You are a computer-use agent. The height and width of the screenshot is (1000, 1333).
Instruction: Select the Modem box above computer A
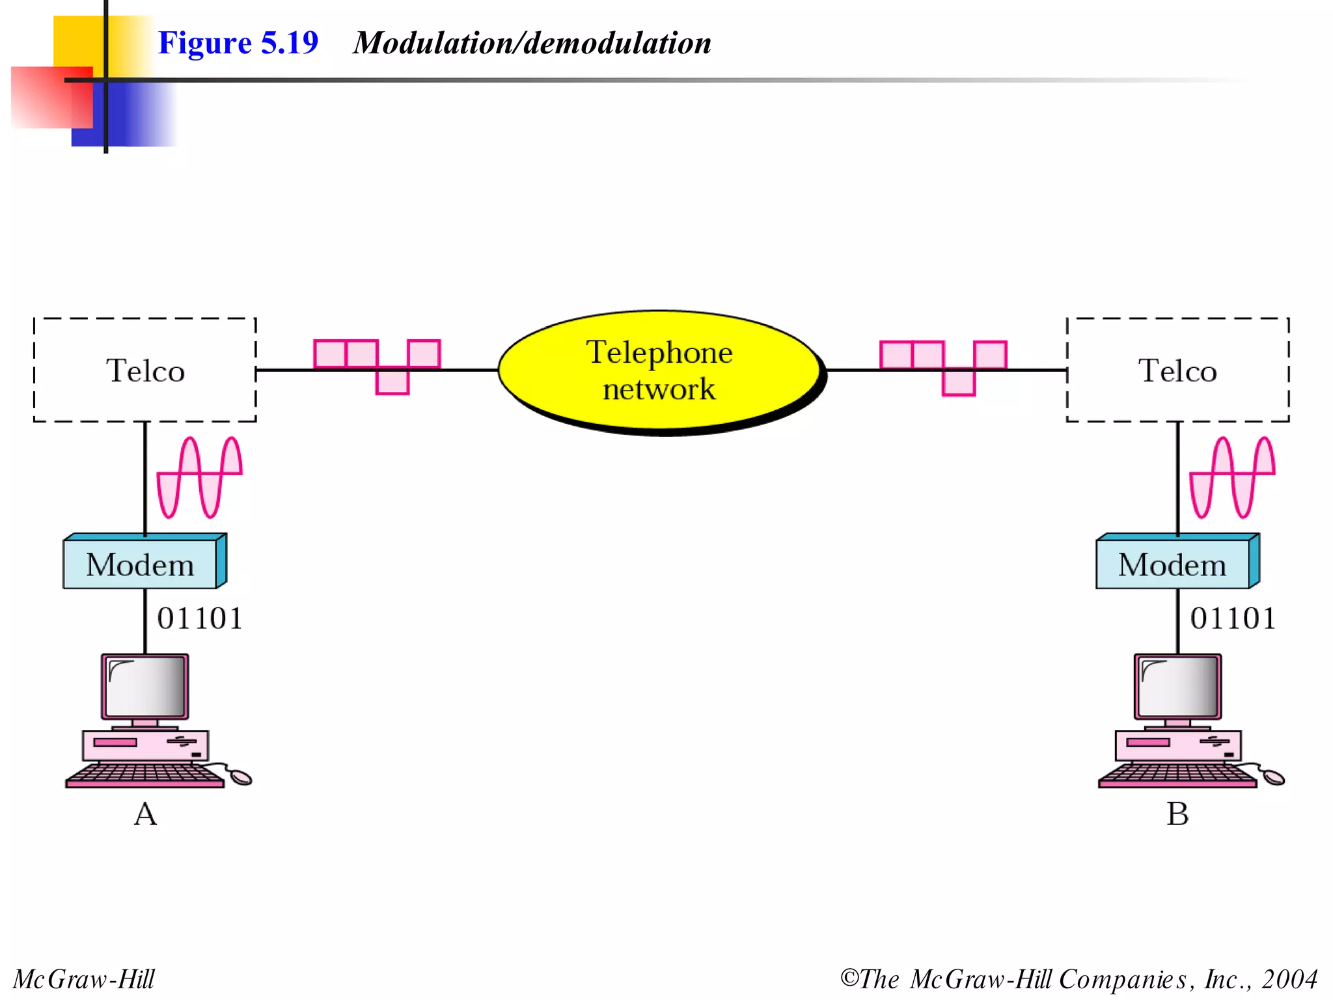pyautogui.click(x=140, y=564)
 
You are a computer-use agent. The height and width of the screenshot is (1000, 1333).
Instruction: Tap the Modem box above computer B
pyautogui.click(x=1172, y=564)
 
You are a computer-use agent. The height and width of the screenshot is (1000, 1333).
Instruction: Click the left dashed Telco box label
pyautogui.click(x=145, y=370)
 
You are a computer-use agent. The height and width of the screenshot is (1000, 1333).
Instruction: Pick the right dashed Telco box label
pyautogui.click(x=1177, y=370)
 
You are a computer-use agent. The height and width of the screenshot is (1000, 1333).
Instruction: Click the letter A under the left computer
pyautogui.click(x=145, y=814)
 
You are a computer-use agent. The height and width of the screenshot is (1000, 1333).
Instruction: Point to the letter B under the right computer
pyautogui.click(x=1177, y=814)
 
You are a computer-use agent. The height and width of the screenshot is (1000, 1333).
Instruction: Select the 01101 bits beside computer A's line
pyautogui.click(x=200, y=618)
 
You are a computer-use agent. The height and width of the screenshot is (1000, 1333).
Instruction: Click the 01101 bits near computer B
pyautogui.click(x=1233, y=618)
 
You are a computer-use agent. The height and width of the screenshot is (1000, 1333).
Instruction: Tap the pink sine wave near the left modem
pyautogui.click(x=200, y=477)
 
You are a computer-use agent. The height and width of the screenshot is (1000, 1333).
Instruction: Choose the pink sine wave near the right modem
pyautogui.click(x=1232, y=477)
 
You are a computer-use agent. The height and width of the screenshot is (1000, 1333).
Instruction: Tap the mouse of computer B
pyautogui.click(x=1273, y=777)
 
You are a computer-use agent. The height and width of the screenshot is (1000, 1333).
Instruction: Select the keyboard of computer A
pyautogui.click(x=144, y=775)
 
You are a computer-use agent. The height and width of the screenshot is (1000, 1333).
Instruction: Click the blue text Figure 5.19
pyautogui.click(x=238, y=43)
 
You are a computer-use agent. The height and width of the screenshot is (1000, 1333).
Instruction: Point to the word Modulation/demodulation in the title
pyautogui.click(x=532, y=43)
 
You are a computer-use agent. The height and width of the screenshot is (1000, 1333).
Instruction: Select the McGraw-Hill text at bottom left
pyautogui.click(x=84, y=979)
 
